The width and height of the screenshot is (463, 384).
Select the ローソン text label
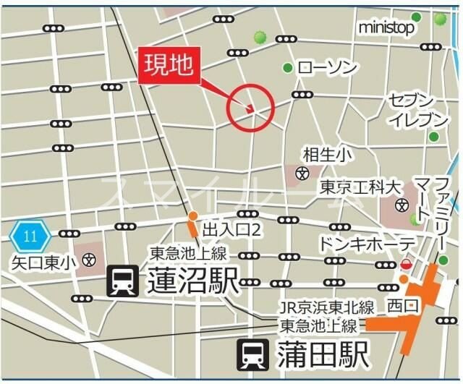pos(328,68)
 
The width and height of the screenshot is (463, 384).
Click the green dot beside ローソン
pos(288,68)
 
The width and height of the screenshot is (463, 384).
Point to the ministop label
pos(386,27)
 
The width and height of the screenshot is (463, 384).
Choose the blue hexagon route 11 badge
pos(30,236)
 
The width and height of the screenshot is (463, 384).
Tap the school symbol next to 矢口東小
pos(89,260)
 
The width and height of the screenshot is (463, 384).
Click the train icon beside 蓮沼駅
pos(123,281)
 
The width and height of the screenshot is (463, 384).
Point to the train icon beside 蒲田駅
pos(254,354)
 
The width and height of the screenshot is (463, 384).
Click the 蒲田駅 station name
pos(322,355)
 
